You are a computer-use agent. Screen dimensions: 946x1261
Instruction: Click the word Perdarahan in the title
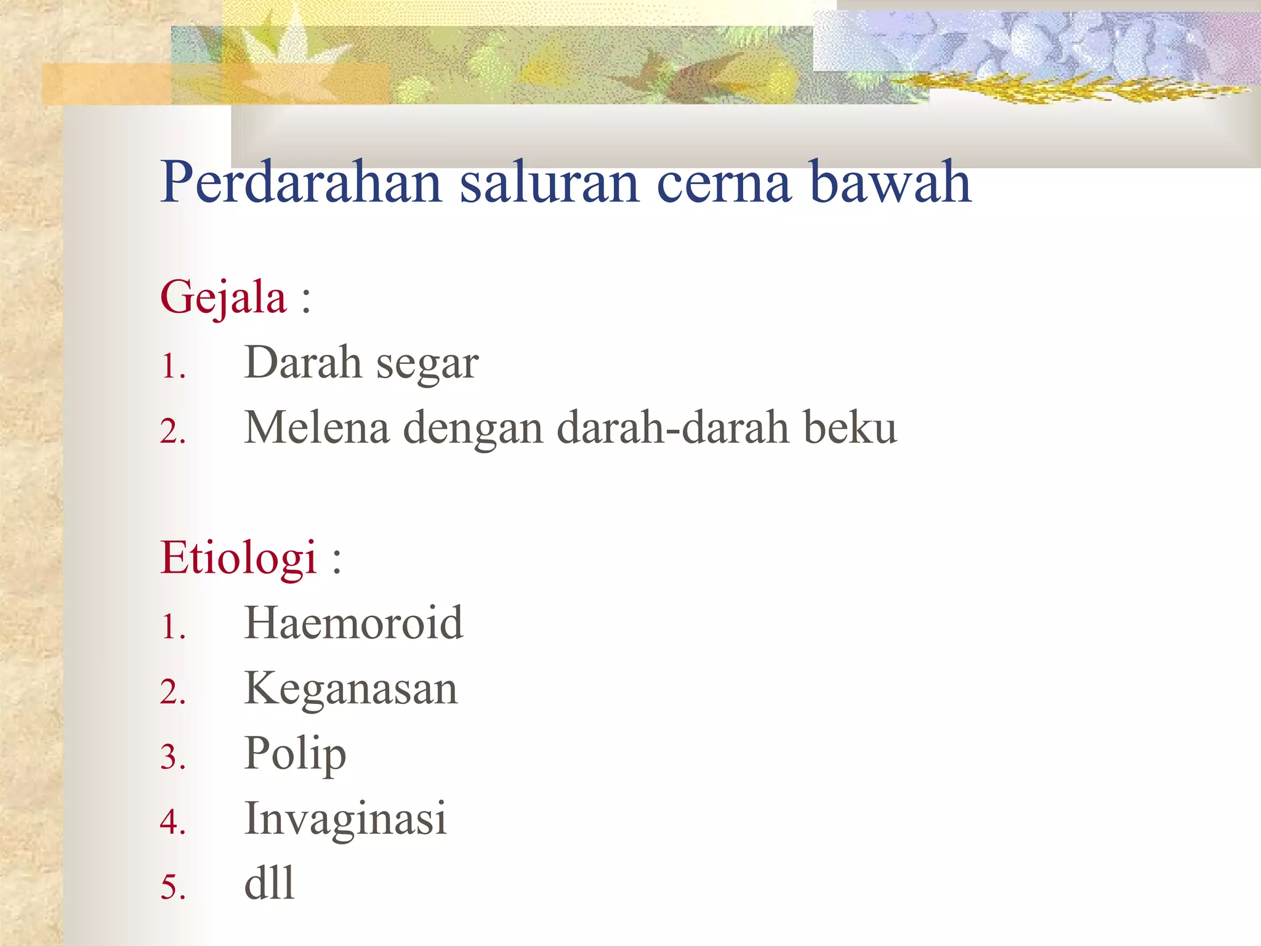click(300, 182)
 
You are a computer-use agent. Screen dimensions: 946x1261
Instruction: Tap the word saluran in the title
click(549, 182)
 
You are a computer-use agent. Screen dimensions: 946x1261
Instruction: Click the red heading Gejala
click(224, 297)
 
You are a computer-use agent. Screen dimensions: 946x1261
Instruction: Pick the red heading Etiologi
click(238, 558)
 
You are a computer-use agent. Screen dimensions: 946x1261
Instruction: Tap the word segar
click(427, 365)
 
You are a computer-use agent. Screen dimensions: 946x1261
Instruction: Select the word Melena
click(316, 427)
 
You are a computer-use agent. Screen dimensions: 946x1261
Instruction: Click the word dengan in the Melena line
click(472, 429)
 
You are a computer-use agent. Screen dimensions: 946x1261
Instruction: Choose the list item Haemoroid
click(353, 623)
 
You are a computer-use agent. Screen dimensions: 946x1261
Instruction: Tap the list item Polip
click(295, 754)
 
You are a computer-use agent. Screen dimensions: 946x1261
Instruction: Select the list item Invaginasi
click(345, 819)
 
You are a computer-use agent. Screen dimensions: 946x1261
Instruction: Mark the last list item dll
click(269, 883)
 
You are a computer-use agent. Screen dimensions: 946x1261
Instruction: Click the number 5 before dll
click(172, 887)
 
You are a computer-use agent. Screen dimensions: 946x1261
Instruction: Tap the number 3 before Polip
click(172, 758)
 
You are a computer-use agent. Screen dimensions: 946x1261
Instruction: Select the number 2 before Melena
click(172, 431)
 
